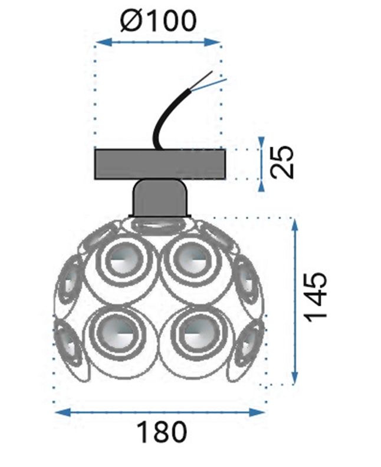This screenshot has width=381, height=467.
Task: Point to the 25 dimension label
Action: coord(284,162)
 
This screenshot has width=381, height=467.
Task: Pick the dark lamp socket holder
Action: coord(159,198)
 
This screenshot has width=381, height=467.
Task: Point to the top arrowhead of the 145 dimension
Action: coord(294,221)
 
